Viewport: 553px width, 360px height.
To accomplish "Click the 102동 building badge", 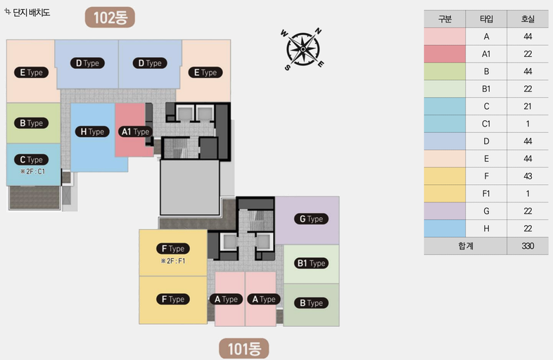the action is pos(110,18).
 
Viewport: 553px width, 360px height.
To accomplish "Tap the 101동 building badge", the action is pos(244,349).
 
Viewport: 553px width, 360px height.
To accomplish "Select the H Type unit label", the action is pos(92,131).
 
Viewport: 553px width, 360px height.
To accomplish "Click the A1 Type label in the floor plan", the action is pos(135,131).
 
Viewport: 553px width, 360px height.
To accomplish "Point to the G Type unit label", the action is pos(311,219).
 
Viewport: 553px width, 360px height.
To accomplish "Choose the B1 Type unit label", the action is pos(311,263).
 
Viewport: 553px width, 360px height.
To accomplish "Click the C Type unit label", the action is pos(31,160).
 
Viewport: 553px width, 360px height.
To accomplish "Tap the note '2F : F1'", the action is pos(173,261).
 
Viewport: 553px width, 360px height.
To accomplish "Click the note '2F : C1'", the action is pos(33,172).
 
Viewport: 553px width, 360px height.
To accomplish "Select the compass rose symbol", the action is pos(303,49).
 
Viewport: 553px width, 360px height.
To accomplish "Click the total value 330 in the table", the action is pos(528,246).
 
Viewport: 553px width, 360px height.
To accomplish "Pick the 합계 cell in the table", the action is pos(466,246).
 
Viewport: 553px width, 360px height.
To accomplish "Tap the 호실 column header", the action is pos(528,19).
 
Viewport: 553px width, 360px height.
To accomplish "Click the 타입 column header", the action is pos(486,19).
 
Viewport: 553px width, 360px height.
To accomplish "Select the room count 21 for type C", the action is pos(528,106).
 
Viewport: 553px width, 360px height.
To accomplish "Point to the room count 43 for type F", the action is pos(528,176).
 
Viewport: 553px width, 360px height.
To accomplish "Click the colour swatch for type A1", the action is pos(445,54).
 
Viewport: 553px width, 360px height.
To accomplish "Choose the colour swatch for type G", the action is pos(445,211).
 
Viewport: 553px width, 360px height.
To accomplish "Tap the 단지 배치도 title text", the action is pos(32,13).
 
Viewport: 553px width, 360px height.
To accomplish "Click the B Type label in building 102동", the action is pos(31,123).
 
